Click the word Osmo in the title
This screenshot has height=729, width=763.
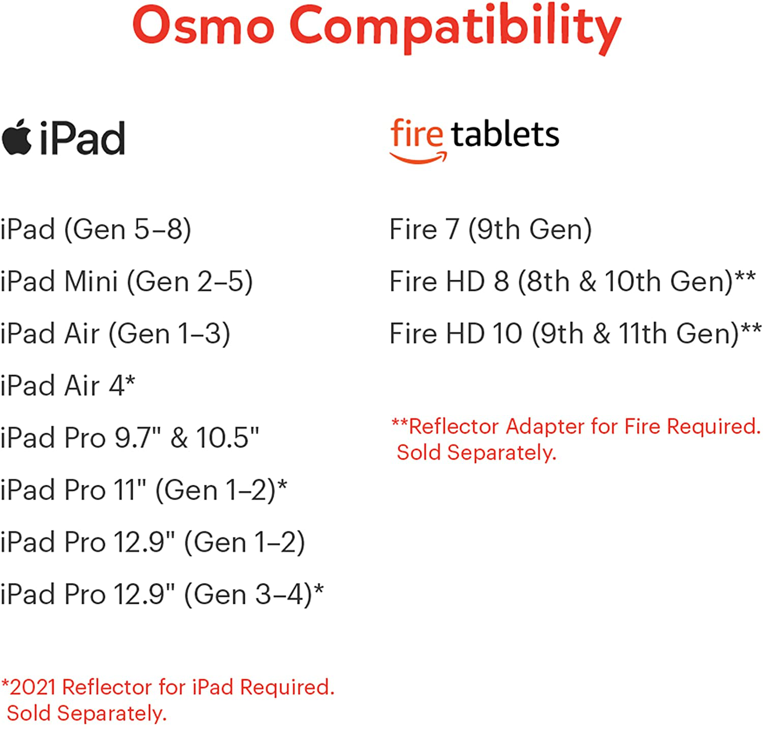203,25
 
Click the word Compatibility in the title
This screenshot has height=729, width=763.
455,28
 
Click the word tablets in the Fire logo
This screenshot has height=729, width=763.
505,134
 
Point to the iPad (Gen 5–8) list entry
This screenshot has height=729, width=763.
96,229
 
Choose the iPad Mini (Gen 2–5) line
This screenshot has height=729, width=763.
126,281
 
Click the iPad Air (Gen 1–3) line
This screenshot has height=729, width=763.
115,334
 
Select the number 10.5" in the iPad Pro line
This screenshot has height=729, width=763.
227,438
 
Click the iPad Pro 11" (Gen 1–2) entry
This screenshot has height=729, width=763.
143,490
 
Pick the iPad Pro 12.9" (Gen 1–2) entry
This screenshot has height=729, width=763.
153,542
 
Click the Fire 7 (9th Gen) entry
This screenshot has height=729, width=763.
490,229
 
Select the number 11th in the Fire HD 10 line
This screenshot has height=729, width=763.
642,334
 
